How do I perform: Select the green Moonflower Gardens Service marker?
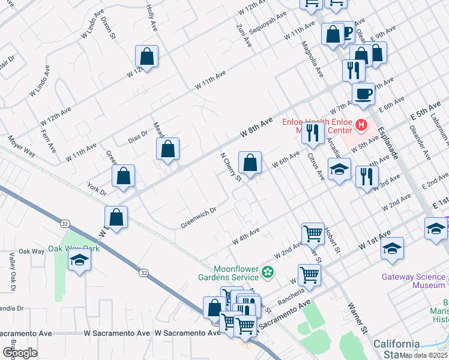pyautogui.click(x=268, y=272)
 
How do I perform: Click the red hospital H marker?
pyautogui.click(x=361, y=125)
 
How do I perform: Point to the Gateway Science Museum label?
pyautogui.click(x=414, y=281)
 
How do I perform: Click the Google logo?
pyautogui.click(x=20, y=352)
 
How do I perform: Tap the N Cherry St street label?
pyautogui.click(x=230, y=165)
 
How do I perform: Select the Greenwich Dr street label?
pyautogui.click(x=198, y=218)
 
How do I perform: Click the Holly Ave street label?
pyautogui.click(x=151, y=19)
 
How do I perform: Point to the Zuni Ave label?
pyautogui.click(x=243, y=34)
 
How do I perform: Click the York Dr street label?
pyautogui.click(x=96, y=189)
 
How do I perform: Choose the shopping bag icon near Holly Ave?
pyautogui.click(x=147, y=57)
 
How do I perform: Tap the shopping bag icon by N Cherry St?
pyautogui.click(x=250, y=162)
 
